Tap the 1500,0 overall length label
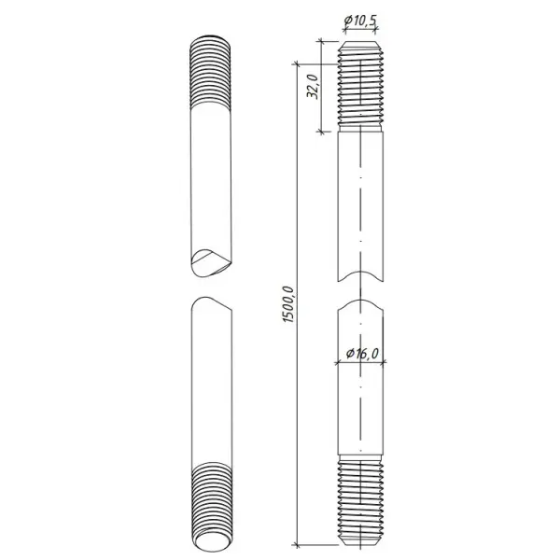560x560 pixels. click(x=287, y=304)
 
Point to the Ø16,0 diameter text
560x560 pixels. click(x=362, y=354)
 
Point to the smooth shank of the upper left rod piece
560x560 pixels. click(x=211, y=177)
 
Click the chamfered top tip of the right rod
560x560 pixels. click(x=361, y=47)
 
